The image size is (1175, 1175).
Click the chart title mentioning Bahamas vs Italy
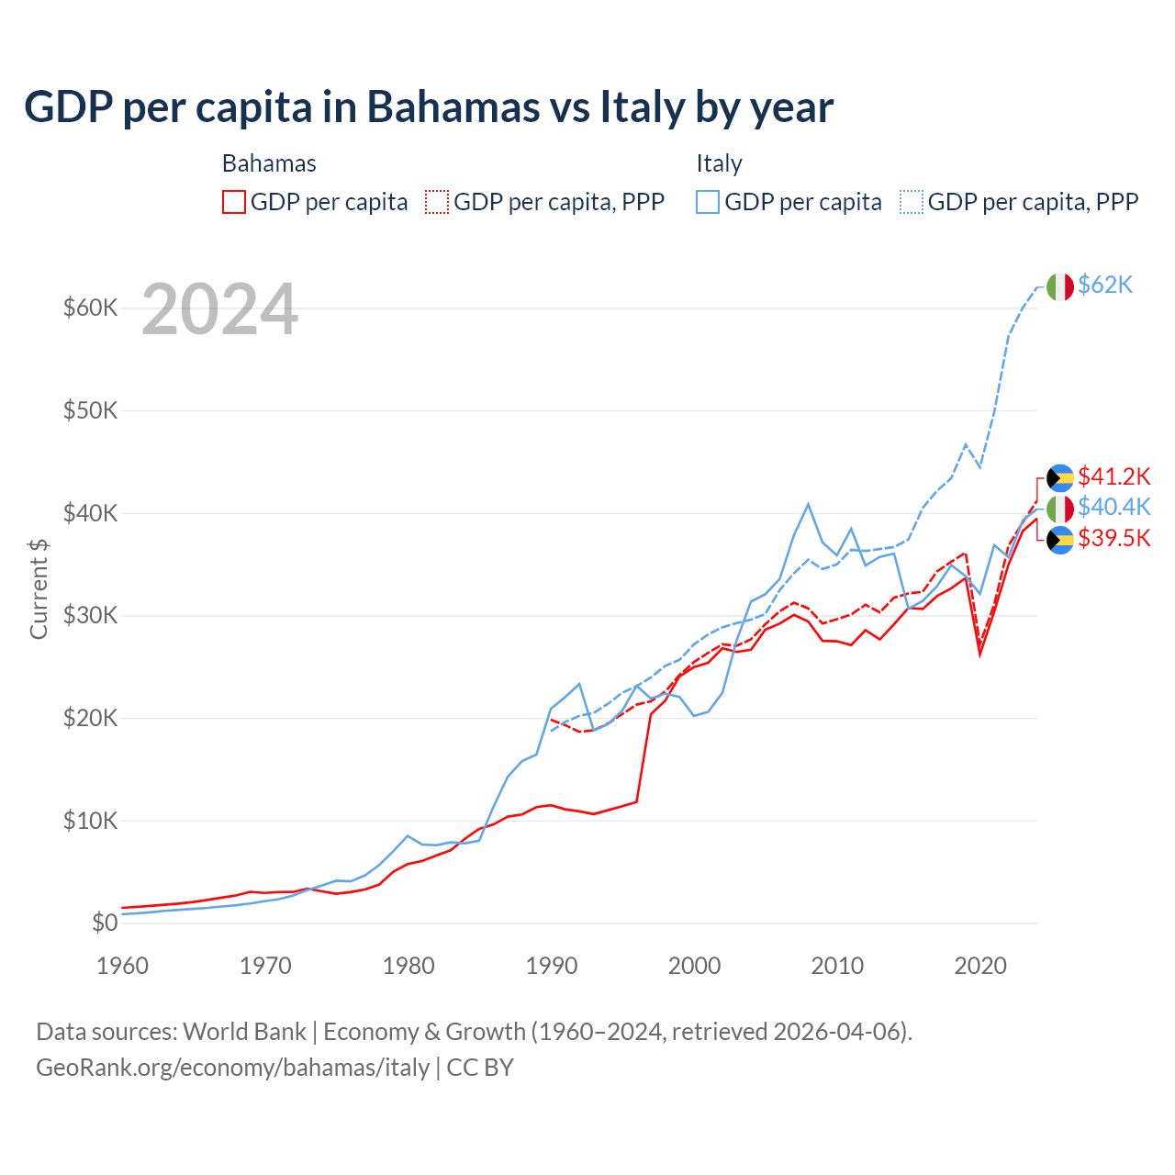(429, 107)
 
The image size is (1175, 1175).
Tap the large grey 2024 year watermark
(219, 310)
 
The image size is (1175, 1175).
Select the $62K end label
(1105, 285)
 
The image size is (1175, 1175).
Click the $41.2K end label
(1113, 476)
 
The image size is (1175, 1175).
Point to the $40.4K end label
(1113, 507)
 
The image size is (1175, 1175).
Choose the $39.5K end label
(1113, 538)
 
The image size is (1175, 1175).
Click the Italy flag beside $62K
(1060, 286)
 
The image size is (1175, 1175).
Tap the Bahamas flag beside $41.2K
(1060, 477)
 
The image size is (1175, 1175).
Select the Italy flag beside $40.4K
(1060, 508)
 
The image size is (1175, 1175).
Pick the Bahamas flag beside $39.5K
(1060, 541)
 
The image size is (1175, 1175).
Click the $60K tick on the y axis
(90, 308)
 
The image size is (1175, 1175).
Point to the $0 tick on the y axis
(105, 923)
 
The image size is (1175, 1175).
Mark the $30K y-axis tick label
(90, 615)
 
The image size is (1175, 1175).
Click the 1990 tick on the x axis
(552, 966)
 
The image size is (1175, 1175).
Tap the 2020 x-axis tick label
(980, 966)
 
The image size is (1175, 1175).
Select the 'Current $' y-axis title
(39, 588)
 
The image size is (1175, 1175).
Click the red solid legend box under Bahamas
(234, 202)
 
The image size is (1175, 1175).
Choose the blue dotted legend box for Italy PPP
(912, 202)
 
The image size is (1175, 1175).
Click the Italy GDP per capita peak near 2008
(808, 504)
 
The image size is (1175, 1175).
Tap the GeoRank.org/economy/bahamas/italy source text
(232, 1068)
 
